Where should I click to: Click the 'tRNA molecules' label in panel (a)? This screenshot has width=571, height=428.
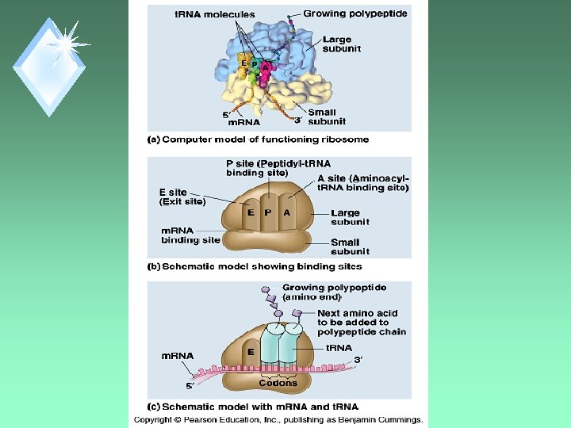(x=215, y=14)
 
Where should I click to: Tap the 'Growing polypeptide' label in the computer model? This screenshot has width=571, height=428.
(x=355, y=13)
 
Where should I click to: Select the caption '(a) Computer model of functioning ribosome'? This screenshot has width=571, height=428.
(x=259, y=139)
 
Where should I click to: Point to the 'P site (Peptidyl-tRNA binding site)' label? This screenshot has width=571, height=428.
(x=268, y=168)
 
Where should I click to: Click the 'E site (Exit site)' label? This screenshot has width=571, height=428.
(x=182, y=197)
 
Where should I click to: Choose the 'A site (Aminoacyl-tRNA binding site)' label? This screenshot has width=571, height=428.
(x=362, y=183)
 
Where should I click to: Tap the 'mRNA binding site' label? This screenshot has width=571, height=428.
(x=191, y=235)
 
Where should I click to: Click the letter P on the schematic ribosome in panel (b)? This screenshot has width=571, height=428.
(x=268, y=212)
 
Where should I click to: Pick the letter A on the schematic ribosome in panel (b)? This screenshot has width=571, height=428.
(x=286, y=212)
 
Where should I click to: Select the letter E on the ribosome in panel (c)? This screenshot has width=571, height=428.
(x=250, y=351)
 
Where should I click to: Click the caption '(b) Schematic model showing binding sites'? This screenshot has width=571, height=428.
(x=255, y=267)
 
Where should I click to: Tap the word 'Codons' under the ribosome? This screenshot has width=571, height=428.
(x=278, y=383)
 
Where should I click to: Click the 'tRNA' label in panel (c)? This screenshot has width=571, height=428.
(x=339, y=347)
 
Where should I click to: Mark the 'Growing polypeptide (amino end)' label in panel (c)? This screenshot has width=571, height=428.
(x=324, y=292)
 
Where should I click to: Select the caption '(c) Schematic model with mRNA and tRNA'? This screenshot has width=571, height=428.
(x=253, y=407)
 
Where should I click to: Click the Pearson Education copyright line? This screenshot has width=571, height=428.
(x=278, y=420)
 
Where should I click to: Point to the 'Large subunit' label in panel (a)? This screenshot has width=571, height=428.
(x=342, y=44)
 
